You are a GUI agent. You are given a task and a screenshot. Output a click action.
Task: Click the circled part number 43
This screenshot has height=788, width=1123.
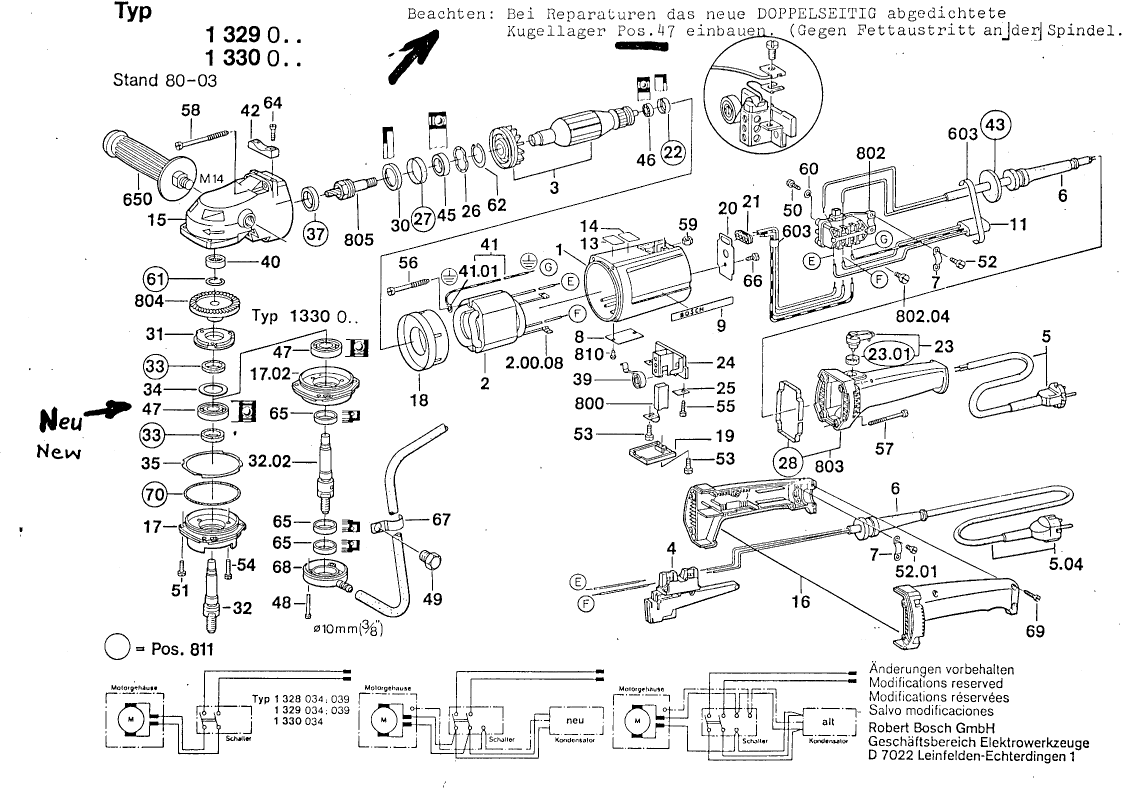pos(995,125)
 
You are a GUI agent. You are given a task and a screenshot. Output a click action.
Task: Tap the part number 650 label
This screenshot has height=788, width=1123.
pos(137,200)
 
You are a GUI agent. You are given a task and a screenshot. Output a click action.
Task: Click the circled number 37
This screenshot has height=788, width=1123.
pos(316,235)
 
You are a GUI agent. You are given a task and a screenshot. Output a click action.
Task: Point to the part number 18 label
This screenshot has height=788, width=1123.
pos(417,401)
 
